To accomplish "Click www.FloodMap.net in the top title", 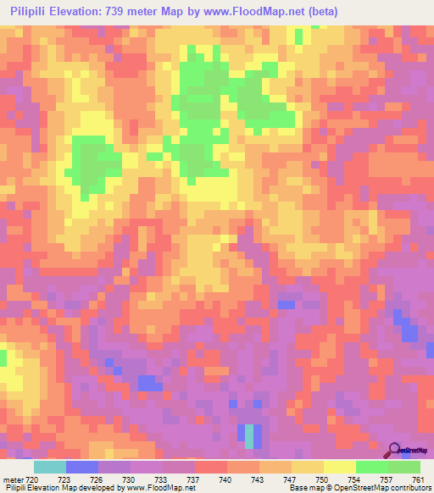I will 270,11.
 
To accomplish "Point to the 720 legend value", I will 33,479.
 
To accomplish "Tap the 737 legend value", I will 194,479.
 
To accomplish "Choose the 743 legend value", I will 259,479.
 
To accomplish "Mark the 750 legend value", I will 323,479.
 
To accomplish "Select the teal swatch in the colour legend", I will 50,467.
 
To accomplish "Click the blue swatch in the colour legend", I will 82,467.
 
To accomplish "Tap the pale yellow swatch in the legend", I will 339,467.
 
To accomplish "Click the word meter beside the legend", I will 12,479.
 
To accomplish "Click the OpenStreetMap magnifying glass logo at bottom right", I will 395,450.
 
